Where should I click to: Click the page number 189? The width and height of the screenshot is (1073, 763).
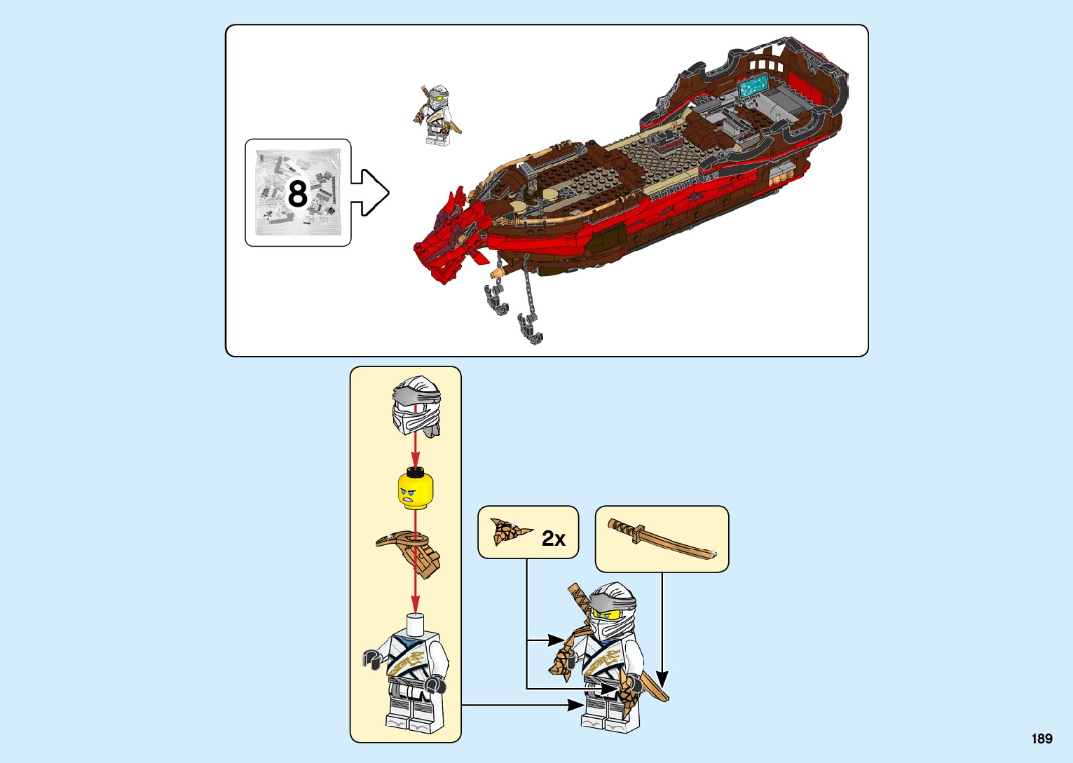(x=1041, y=738)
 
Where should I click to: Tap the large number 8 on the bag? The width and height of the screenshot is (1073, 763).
(x=298, y=193)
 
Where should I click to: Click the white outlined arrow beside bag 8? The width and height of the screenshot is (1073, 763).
(x=369, y=192)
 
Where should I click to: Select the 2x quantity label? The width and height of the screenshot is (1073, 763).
(x=553, y=538)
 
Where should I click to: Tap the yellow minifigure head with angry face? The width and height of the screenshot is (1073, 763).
(x=415, y=490)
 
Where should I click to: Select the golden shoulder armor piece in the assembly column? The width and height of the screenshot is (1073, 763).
(x=411, y=551)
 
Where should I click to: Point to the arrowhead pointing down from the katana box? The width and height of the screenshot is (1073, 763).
(x=662, y=678)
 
